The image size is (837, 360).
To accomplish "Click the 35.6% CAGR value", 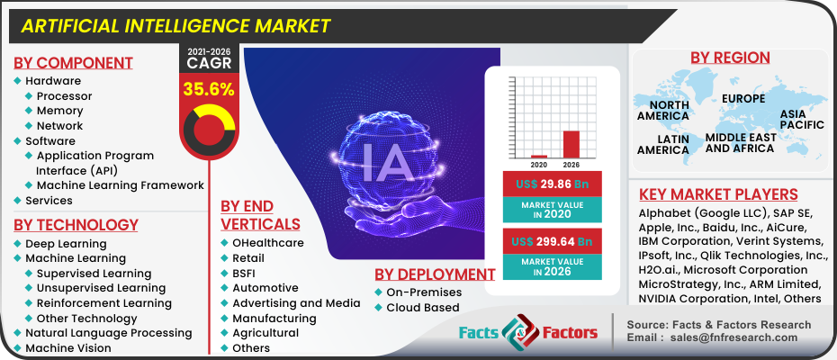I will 209,89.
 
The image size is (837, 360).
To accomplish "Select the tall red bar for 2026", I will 571,144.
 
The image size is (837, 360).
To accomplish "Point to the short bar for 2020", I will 539,156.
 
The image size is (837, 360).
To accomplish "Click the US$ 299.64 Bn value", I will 551,241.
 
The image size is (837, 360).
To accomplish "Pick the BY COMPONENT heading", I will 73,62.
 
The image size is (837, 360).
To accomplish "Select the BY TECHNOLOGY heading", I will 76,224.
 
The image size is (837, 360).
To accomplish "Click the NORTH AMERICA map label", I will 663,110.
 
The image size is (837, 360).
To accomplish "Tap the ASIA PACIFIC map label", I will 802,120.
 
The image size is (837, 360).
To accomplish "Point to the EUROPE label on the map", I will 742,98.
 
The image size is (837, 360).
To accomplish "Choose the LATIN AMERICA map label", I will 663,144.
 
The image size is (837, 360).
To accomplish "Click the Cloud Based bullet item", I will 423,307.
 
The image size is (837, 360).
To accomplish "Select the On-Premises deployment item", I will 424,292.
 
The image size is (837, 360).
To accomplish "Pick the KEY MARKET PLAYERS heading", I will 718,194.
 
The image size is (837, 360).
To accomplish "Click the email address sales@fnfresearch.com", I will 734,337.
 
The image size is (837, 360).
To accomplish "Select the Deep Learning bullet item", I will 66,244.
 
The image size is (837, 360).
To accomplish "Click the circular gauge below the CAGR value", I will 209,126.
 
